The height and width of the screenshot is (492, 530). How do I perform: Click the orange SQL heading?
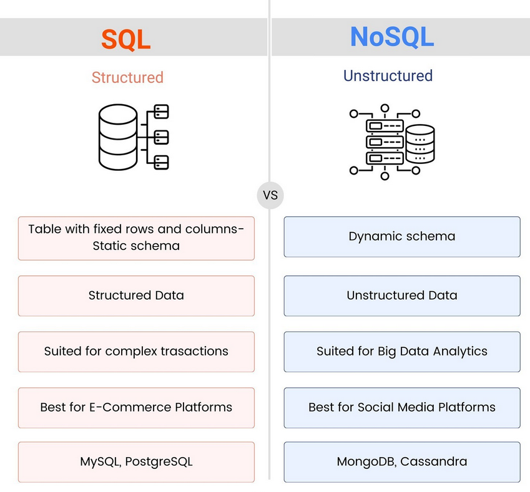pyautogui.click(x=126, y=39)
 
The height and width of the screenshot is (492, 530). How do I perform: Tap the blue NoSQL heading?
pyautogui.click(x=391, y=37)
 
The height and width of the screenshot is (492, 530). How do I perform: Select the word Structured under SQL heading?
pyautogui.click(x=127, y=78)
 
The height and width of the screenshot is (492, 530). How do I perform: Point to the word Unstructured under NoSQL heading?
pyautogui.click(x=388, y=76)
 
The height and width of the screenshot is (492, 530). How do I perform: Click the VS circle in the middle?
pyautogui.click(x=270, y=195)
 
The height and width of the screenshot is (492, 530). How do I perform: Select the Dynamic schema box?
pyautogui.click(x=401, y=237)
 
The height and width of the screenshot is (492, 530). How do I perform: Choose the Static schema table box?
pyautogui.click(x=136, y=238)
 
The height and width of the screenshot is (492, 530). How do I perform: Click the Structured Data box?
pyautogui.click(x=136, y=296)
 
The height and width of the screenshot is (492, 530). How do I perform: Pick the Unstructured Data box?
pyautogui.click(x=401, y=296)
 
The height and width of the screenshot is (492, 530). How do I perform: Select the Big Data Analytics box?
pyautogui.click(x=401, y=352)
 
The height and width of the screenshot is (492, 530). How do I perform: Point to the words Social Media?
pyautogui.click(x=394, y=408)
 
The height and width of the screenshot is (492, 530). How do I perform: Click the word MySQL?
pyautogui.click(x=99, y=462)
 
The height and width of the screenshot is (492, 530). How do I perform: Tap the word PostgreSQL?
pyautogui.click(x=159, y=462)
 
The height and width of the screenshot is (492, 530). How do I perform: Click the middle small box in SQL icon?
pyautogui.click(x=161, y=137)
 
